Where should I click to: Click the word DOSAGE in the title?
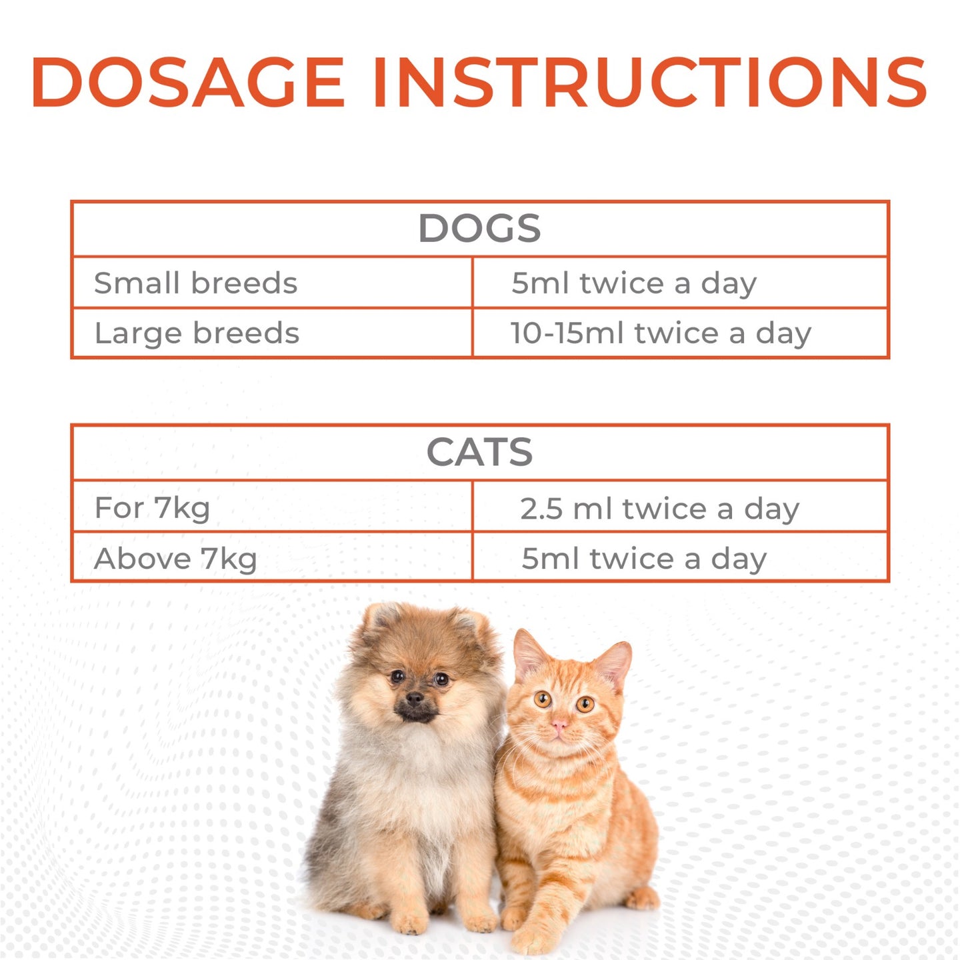click(x=187, y=82)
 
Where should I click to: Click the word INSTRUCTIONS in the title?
click(x=650, y=82)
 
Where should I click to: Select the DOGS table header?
click(x=479, y=229)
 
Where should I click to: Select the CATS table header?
click(x=479, y=453)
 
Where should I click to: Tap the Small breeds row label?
click(x=195, y=283)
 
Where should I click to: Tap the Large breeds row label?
click(x=197, y=333)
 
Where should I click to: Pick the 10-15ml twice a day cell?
click(x=660, y=333)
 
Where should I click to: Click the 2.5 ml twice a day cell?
click(x=659, y=509)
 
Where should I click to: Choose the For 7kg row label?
click(x=152, y=508)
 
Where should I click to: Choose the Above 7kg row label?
click(x=175, y=559)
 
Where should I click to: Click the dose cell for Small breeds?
click(x=634, y=283)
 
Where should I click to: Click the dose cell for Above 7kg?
click(x=644, y=559)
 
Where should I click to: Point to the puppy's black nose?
click(x=415, y=699)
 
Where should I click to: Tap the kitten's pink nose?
click(x=559, y=725)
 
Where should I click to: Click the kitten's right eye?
click(x=585, y=703)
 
